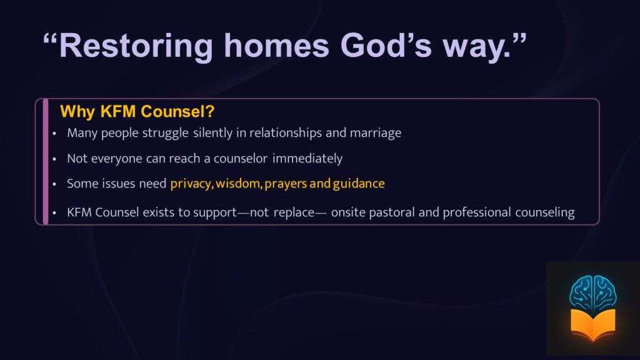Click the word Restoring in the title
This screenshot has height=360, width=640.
pyautogui.click(x=136, y=46)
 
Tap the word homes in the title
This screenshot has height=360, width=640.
pyautogui.click(x=277, y=46)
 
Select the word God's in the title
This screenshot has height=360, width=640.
pyautogui.click(x=386, y=45)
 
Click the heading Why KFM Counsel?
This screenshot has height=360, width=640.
pyautogui.click(x=137, y=111)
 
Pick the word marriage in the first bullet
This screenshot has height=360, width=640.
pyautogui.click(x=376, y=134)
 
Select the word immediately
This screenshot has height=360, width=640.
pyautogui.click(x=307, y=158)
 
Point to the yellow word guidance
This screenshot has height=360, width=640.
pyautogui.click(x=359, y=184)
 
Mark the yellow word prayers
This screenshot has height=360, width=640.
pyautogui.click(x=286, y=184)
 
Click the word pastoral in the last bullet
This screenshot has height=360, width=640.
pyautogui.click(x=392, y=212)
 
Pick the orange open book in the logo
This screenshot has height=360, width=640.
pyautogui.click(x=592, y=325)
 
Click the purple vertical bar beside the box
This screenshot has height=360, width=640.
pyautogui.click(x=46, y=161)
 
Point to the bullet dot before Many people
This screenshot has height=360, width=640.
pyautogui.click(x=54, y=134)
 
